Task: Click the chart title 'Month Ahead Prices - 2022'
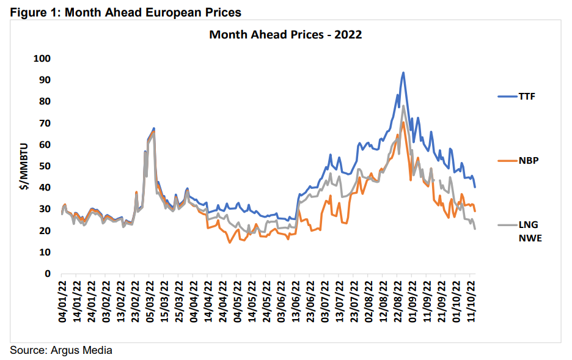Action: click(285, 34)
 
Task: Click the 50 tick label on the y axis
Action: click(45, 166)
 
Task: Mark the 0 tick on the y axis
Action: click(48, 274)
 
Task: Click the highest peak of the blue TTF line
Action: click(403, 73)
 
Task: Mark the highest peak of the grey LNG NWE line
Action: click(404, 106)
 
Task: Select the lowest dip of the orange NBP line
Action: click(230, 243)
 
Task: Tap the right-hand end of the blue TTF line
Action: click(475, 186)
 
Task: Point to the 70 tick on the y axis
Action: click(45, 123)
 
